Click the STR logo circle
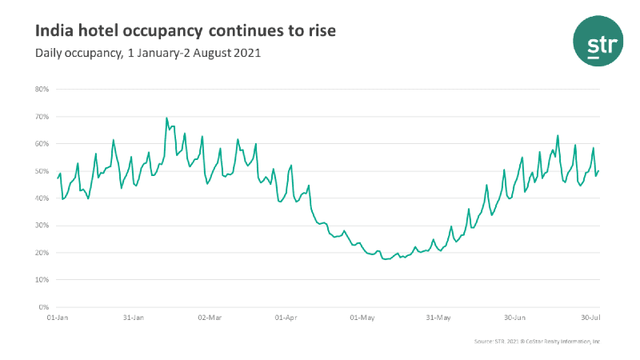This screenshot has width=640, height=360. pos(597,45)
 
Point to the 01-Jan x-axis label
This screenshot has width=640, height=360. pos(57,318)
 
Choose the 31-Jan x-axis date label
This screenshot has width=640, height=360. pos(133,318)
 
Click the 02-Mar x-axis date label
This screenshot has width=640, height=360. pos(209,318)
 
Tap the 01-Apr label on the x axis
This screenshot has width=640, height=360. pos(286,318)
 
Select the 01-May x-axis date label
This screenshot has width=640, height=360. pos(362,318)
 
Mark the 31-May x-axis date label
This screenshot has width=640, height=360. pos(438,318)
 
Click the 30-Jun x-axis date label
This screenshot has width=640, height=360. pos(514,318)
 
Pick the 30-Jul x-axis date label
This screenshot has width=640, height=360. pos(590,318)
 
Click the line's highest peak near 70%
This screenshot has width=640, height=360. pos(166,118)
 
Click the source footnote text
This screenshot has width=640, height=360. pos(535,342)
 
